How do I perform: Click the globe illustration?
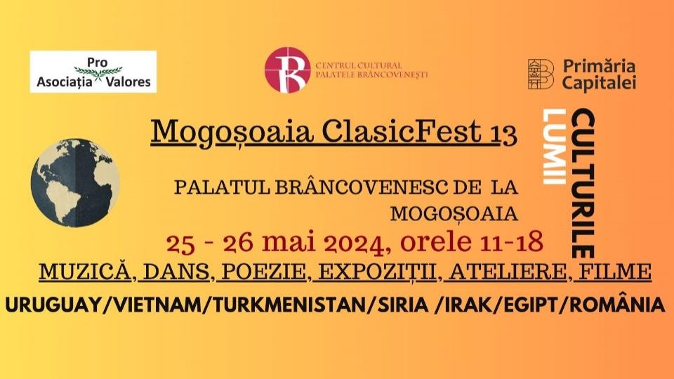(75, 182)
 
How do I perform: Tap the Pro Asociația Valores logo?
(93, 72)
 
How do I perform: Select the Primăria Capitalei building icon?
(541, 74)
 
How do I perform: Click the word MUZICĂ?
(85, 272)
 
